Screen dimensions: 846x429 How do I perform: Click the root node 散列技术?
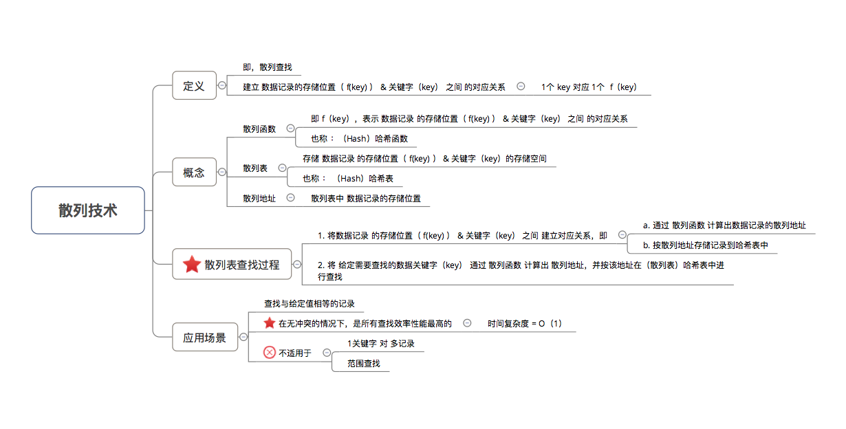(x=88, y=210)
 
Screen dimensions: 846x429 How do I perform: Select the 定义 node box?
(x=194, y=85)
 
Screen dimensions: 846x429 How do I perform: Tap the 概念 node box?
(x=194, y=172)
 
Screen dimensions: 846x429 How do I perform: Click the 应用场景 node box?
(x=205, y=337)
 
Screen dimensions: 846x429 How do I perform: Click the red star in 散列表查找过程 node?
(x=192, y=264)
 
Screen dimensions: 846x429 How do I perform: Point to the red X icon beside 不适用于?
(x=270, y=352)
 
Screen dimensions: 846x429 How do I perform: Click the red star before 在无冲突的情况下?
(x=270, y=323)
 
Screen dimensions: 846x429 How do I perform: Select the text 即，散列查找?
(x=268, y=67)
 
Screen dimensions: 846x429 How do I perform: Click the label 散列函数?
(x=259, y=129)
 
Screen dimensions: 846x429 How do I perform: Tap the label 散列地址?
(x=259, y=198)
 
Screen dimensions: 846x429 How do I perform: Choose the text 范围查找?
(x=364, y=363)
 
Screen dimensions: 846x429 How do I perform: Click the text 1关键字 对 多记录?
(x=381, y=344)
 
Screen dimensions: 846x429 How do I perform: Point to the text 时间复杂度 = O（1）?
(x=525, y=324)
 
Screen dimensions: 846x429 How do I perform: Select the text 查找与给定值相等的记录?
(x=310, y=304)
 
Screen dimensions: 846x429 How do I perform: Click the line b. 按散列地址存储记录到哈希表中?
(x=706, y=245)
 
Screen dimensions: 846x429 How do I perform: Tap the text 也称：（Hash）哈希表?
(x=348, y=179)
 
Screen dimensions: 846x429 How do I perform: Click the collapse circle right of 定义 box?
(x=222, y=85)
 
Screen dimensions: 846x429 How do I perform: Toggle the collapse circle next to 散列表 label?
(x=282, y=168)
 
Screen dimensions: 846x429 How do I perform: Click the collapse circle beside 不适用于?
(x=327, y=353)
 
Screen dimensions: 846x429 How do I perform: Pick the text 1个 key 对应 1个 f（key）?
(x=589, y=87)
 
